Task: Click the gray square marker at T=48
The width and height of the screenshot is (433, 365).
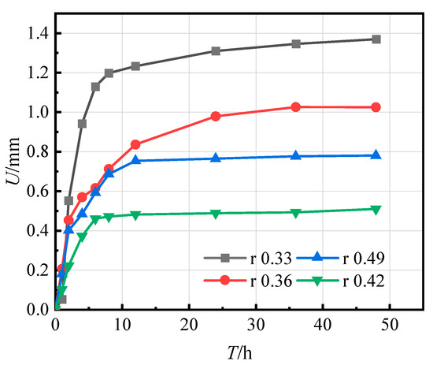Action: click(x=376, y=39)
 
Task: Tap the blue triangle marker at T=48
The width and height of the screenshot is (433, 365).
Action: click(x=376, y=155)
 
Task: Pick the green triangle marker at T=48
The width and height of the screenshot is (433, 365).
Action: click(x=376, y=209)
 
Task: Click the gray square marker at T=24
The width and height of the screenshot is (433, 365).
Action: click(x=216, y=51)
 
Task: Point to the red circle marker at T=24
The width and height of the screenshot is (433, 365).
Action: click(x=216, y=117)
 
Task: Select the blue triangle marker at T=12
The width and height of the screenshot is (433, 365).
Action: click(x=135, y=161)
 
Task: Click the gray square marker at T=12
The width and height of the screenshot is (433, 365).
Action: click(x=135, y=66)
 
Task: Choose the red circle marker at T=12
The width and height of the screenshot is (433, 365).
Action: click(x=135, y=144)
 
